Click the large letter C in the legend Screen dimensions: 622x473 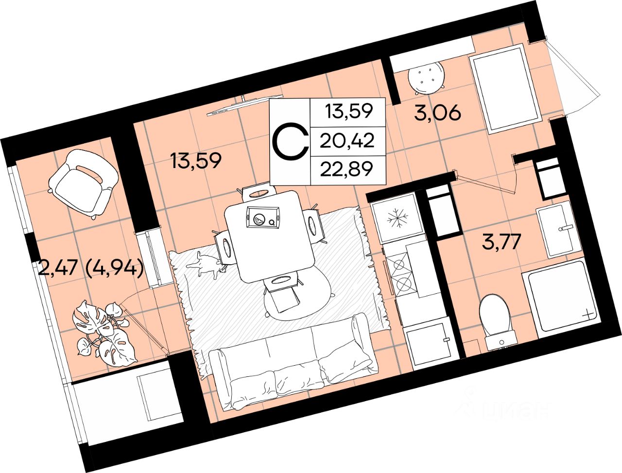290,141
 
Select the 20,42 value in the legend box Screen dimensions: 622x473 347,141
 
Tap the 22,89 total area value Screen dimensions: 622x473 347,169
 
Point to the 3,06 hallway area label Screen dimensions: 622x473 437,113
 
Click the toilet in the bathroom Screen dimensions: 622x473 495,318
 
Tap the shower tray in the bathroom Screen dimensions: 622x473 559,296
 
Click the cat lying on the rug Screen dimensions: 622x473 207,266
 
